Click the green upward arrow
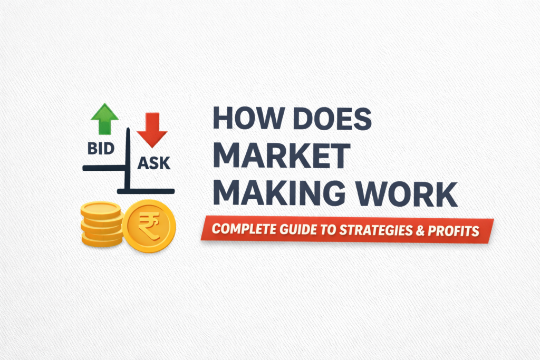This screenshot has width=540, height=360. tap(104, 118)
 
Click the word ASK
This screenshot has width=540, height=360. tap(153, 163)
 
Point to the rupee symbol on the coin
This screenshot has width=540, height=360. tap(151, 226)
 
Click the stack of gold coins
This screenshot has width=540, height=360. tap(100, 223)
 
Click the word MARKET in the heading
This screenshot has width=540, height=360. tap(282, 157)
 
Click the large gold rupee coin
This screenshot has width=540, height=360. tap(151, 226)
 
